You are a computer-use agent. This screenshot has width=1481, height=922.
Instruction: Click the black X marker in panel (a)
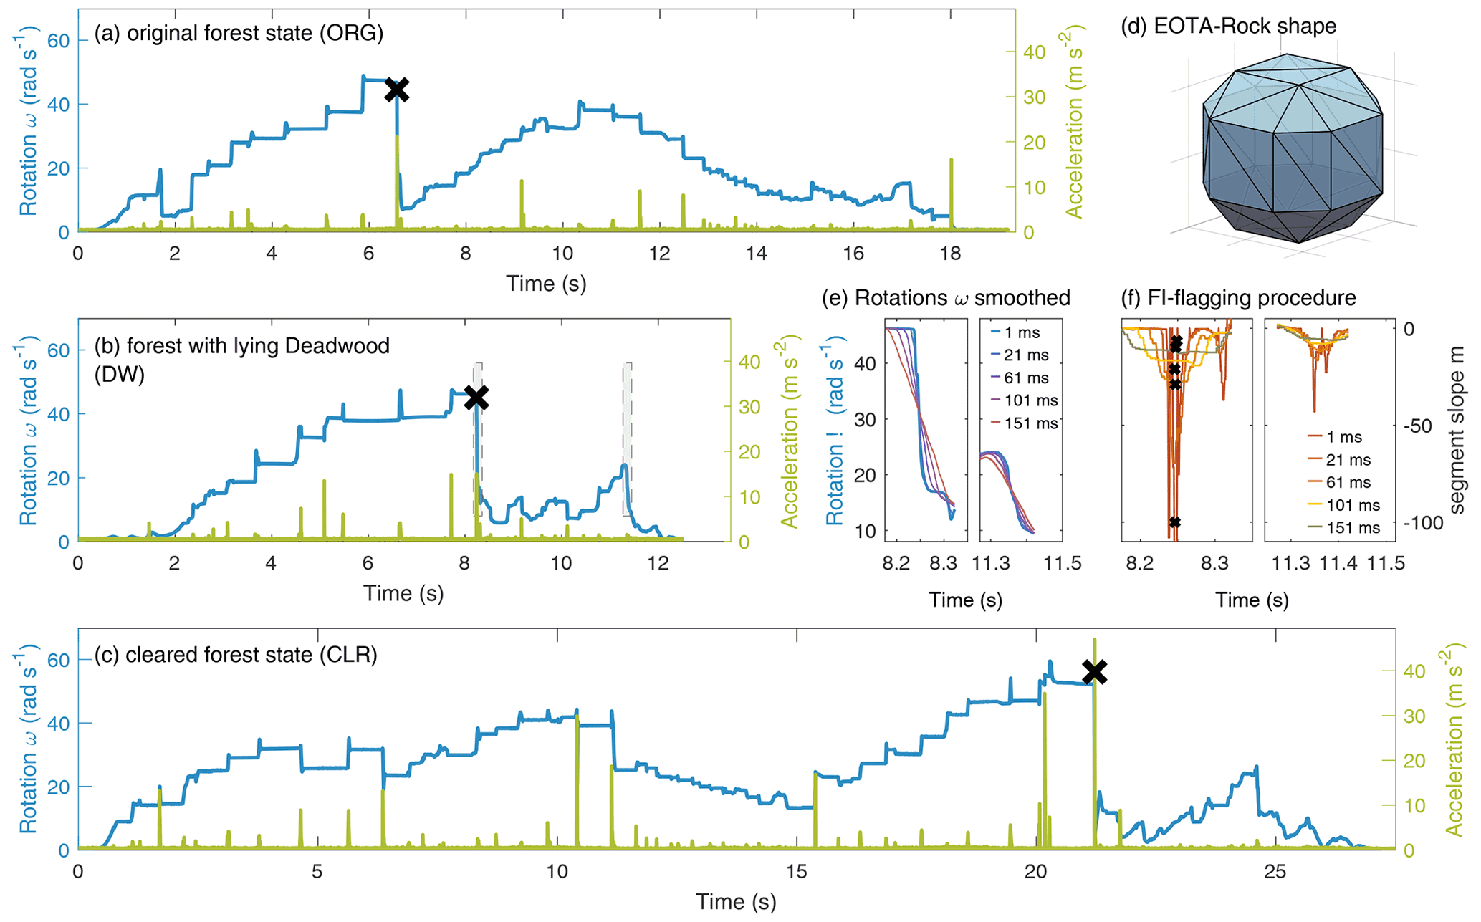tap(397, 90)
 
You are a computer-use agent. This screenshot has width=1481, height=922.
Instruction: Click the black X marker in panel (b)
tap(476, 398)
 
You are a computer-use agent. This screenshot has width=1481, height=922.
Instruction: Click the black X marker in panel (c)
tap(1095, 672)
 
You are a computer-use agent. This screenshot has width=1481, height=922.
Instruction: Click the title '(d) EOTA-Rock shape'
tap(1229, 27)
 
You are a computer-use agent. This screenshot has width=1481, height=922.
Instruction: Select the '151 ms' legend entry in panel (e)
tap(1030, 423)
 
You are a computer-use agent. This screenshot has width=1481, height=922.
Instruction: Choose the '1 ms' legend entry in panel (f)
tap(1343, 437)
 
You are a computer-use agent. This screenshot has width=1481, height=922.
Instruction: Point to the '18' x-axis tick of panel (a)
tap(951, 254)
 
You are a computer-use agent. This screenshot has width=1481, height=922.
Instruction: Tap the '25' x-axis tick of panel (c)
tap(1275, 872)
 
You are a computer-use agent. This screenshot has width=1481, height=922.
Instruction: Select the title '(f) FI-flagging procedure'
tap(1238, 298)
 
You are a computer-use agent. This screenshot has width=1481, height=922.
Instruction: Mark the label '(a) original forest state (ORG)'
tap(239, 34)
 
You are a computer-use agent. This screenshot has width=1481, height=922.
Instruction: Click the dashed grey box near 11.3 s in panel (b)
tap(627, 438)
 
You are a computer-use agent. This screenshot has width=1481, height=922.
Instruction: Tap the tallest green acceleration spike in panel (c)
tap(1094, 716)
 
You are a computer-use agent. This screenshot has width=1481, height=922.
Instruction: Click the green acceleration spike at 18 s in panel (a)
tap(952, 193)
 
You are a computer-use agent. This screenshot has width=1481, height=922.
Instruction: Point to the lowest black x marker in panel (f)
tap(1174, 522)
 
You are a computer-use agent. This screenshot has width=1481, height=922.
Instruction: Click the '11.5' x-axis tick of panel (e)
tap(1062, 563)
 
